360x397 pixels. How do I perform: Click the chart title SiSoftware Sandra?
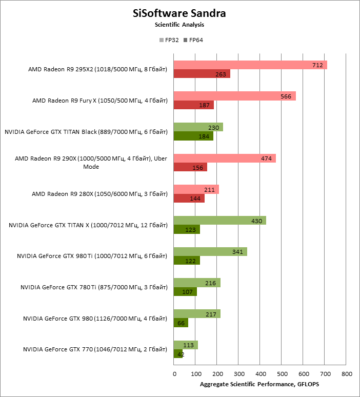[x=179, y=13]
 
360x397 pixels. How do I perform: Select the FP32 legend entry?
[x=169, y=40]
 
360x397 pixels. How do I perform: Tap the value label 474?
[x=266, y=158]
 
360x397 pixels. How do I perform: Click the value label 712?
[x=317, y=65]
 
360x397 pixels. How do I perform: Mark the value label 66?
[x=181, y=323]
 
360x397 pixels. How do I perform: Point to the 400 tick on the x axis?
[x=260, y=374]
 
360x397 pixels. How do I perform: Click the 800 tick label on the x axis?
[x=346, y=374]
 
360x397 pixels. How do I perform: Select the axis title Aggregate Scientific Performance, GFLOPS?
[x=259, y=385]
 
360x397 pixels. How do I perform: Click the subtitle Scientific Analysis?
[x=179, y=25]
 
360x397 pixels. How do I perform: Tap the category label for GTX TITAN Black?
[x=86, y=132]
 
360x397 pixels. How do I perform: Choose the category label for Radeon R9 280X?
[x=99, y=194]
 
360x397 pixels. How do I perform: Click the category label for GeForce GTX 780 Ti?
[x=94, y=287]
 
